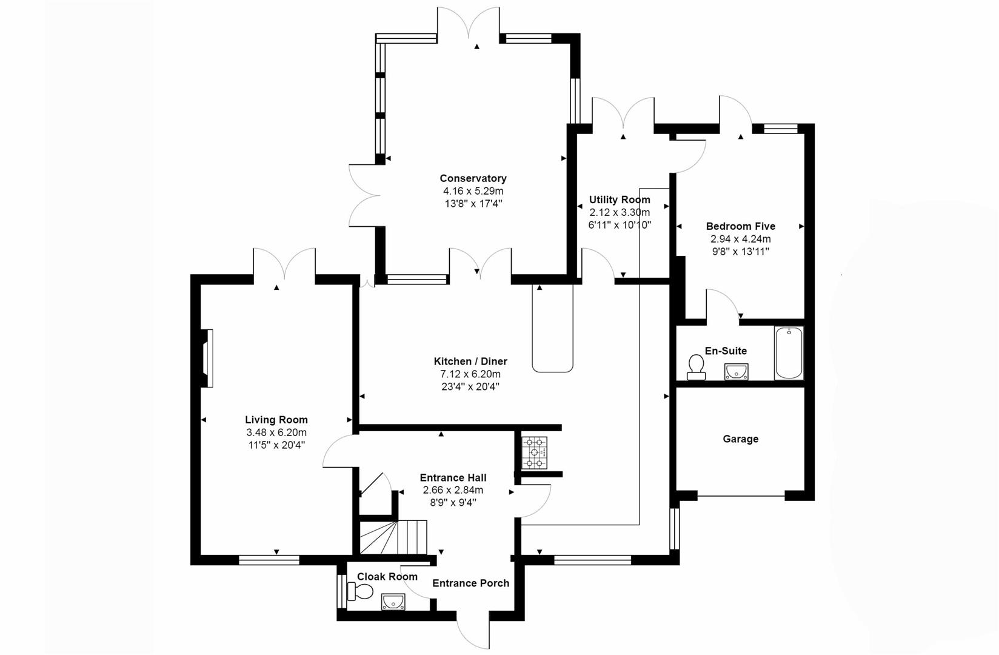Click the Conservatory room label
tap(473, 178)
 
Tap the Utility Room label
tap(620, 200)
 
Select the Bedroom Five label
tap(740, 226)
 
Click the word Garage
tap(740, 439)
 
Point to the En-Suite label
tap(726, 351)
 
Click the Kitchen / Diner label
tap(470, 361)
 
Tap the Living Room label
tap(276, 420)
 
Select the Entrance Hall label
tap(453, 478)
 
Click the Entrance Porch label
tap(470, 583)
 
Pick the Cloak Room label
tap(387, 577)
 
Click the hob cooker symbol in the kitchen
tap(535, 452)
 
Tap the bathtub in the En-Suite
tap(789, 353)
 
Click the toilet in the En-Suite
tap(696, 366)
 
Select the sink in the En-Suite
tap(736, 371)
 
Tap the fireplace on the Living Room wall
tap(207, 358)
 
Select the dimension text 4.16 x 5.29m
tap(473, 191)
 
